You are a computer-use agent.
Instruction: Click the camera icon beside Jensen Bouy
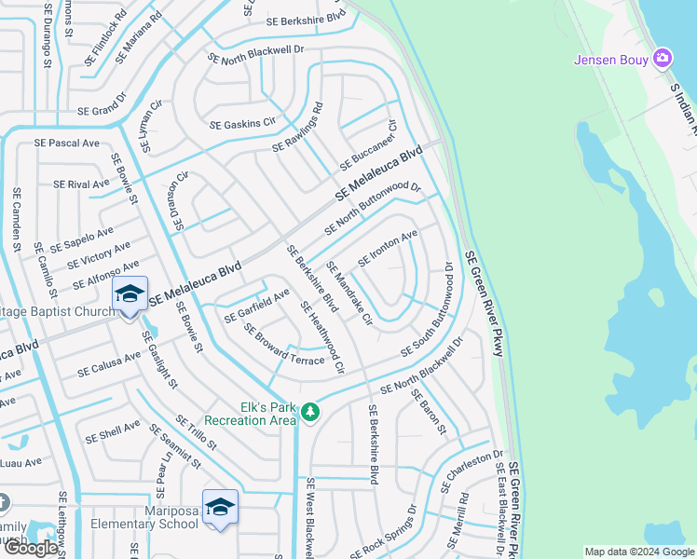point(663,59)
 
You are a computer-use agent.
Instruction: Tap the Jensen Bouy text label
point(612,61)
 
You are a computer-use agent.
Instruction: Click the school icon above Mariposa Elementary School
point(220,508)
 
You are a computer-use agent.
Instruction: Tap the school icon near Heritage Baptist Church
point(130,294)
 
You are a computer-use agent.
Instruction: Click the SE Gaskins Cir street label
point(243,124)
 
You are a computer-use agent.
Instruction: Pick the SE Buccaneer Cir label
point(368,145)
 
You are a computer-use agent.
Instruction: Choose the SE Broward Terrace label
point(284,345)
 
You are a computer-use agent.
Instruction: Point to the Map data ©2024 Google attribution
point(638,552)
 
